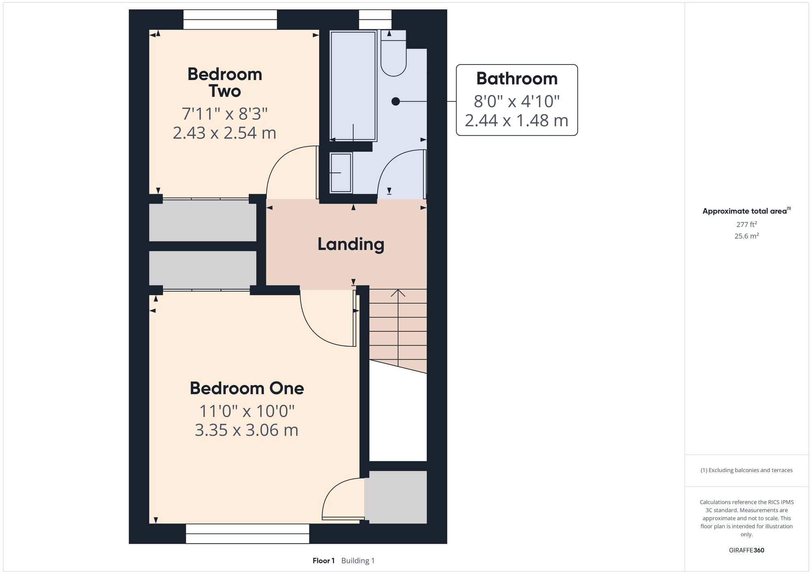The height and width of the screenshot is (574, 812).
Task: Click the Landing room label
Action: [x=351, y=244]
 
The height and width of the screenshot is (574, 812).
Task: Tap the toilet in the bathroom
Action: [x=393, y=53]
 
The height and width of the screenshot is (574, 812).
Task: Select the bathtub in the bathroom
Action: [x=353, y=86]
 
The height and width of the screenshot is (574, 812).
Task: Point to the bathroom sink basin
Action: [x=341, y=173]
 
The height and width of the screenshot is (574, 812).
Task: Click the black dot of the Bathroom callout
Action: [x=395, y=101]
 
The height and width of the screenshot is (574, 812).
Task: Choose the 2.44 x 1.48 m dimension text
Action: [x=516, y=121]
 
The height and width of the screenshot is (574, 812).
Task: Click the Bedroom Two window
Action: [x=230, y=19]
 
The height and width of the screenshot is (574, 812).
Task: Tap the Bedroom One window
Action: [x=248, y=533]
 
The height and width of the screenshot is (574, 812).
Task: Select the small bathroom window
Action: [x=375, y=19]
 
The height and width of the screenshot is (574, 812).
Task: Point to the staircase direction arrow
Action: [x=398, y=328]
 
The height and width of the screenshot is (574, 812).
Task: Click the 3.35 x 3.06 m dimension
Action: [x=246, y=430]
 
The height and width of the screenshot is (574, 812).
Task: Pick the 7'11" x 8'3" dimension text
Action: [x=225, y=114]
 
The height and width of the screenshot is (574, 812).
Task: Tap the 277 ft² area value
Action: [x=746, y=224]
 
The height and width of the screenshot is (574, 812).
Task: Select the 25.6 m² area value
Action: [x=746, y=236]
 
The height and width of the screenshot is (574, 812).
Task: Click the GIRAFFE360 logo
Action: [x=746, y=550]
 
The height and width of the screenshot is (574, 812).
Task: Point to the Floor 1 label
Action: [x=324, y=561]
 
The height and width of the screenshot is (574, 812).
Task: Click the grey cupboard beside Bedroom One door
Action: [x=395, y=497]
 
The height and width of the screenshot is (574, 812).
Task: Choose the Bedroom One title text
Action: [x=247, y=388]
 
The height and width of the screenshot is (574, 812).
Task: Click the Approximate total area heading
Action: [x=746, y=211]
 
